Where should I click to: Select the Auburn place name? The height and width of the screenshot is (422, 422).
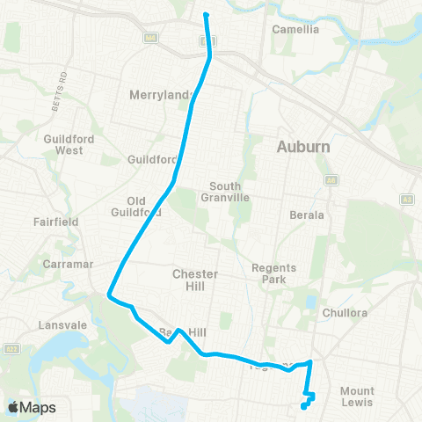click(303, 146)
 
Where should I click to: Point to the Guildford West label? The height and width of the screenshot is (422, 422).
click(62, 144)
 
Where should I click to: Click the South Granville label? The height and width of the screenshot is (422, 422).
click(230, 192)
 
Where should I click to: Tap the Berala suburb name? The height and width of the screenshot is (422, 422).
click(307, 215)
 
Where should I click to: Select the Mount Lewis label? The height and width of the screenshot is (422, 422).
click(357, 397)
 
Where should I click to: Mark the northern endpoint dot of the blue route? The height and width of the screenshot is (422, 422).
click(206, 15)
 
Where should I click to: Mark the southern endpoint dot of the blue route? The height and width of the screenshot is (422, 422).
click(303, 406)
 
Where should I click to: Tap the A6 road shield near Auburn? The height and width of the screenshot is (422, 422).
click(331, 179)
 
